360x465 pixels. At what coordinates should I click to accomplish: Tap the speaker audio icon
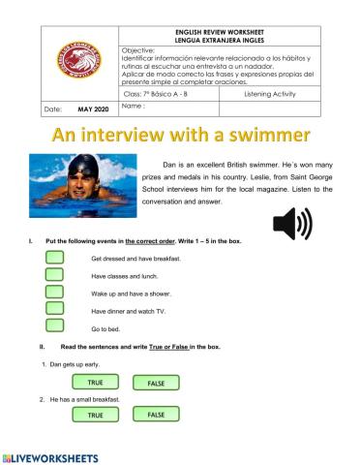[292, 226]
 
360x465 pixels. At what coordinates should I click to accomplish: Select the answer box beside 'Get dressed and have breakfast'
[55, 257]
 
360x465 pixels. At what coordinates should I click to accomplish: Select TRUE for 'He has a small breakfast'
[95, 415]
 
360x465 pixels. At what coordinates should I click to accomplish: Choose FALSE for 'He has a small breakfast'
[156, 414]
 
